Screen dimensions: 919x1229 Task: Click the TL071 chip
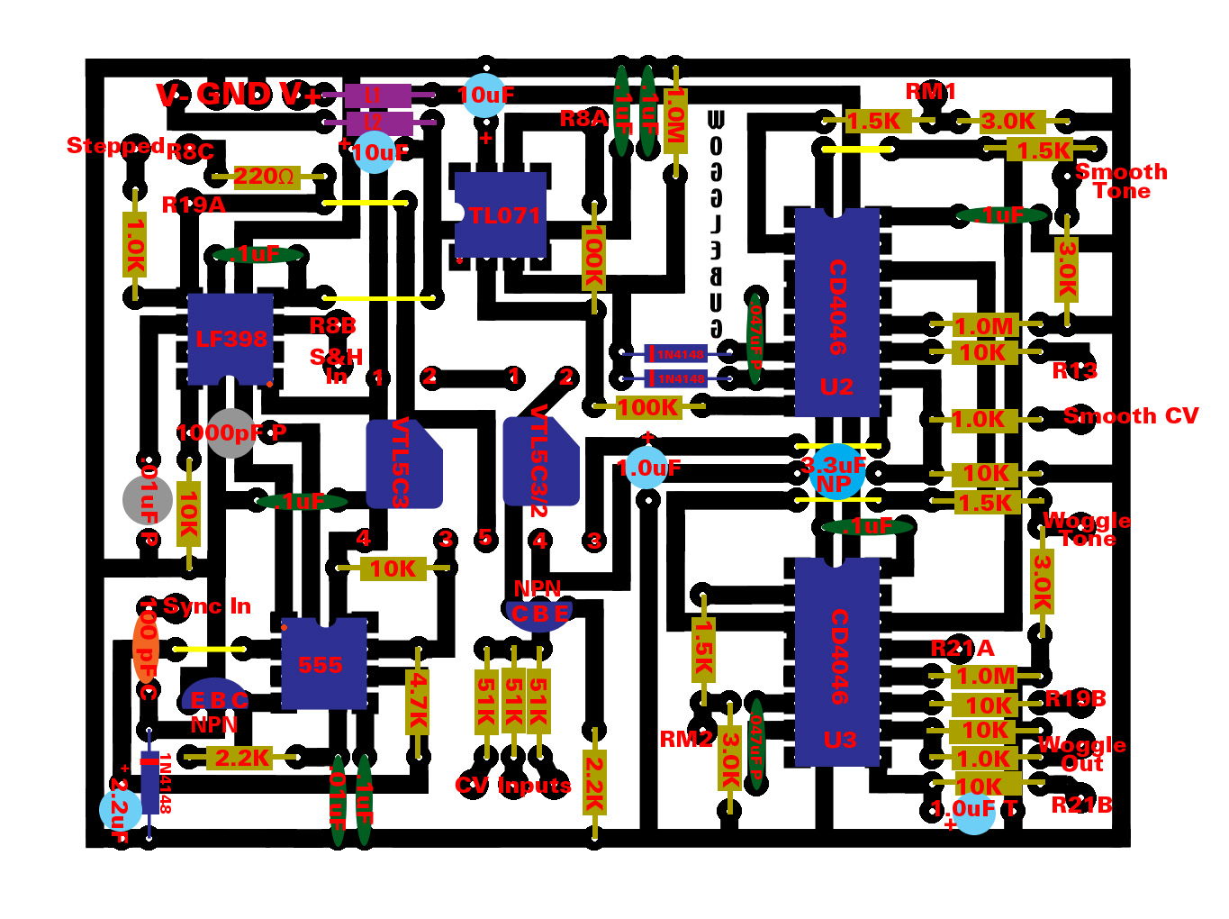(x=501, y=214)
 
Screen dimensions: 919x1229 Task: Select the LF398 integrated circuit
(x=230, y=339)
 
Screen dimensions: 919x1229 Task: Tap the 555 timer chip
(x=323, y=664)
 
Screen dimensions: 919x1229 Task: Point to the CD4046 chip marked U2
(x=836, y=312)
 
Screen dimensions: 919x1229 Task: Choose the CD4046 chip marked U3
(x=837, y=662)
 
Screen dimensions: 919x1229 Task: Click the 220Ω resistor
(x=265, y=176)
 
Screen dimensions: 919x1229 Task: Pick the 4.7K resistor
(x=418, y=701)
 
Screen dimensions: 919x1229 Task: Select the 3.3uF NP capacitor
(x=836, y=470)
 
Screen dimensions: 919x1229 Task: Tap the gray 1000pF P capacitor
(x=230, y=433)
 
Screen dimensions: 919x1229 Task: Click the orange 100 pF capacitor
(x=146, y=647)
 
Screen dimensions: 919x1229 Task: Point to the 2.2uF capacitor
(x=120, y=808)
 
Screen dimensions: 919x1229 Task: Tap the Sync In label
(x=206, y=606)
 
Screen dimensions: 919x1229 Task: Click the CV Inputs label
(x=513, y=786)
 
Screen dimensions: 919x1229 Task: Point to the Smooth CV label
(x=1131, y=416)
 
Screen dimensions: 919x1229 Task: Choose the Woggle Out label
(x=1081, y=754)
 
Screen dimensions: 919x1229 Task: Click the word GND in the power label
(x=233, y=94)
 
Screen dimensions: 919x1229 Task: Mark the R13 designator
(x=1074, y=370)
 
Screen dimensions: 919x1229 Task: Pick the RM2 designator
(x=686, y=740)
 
